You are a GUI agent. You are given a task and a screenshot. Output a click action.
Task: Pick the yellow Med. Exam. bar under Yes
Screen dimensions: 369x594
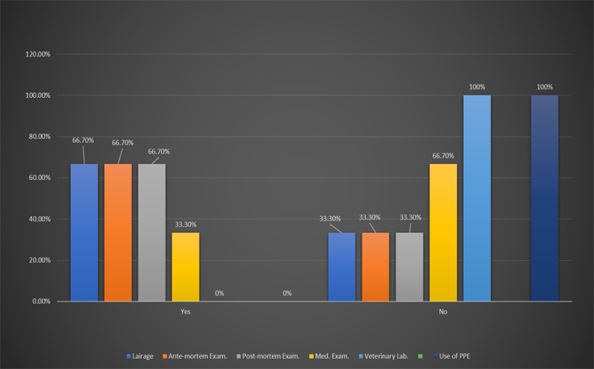(185, 267)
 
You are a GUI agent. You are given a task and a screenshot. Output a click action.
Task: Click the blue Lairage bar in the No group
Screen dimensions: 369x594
(341, 267)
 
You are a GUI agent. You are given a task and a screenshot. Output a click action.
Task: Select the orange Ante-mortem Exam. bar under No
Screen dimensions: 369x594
(375, 267)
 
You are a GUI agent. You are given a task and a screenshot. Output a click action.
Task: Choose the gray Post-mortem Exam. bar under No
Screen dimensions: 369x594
(409, 267)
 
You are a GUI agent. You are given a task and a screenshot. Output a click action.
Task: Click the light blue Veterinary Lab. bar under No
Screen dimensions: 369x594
(477, 198)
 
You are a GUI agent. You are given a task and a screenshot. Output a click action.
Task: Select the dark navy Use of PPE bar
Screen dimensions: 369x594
(544, 198)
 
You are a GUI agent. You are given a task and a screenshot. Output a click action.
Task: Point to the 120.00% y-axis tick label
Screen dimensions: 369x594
(38, 55)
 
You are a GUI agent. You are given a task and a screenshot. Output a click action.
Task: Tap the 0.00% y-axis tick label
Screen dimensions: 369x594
(41, 301)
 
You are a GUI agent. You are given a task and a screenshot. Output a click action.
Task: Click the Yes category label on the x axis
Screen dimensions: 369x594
(185, 312)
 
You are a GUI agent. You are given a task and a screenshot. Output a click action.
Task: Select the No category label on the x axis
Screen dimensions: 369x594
(443, 312)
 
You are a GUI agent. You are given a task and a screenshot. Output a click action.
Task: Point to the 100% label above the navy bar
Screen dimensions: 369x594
(544, 87)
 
